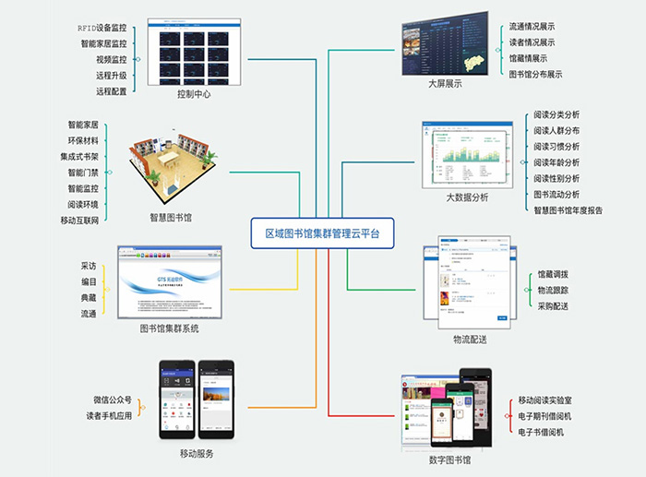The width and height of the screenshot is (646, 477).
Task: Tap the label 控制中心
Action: pos(196,93)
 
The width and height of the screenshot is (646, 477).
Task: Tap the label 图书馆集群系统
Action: pos(169,328)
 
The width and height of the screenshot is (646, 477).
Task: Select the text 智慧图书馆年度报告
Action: pos(568,210)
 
